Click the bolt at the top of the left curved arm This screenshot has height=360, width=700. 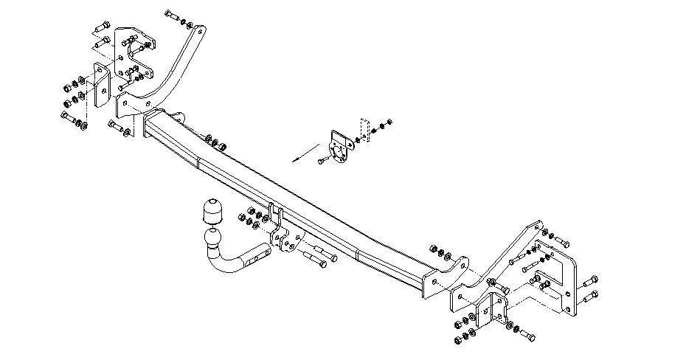[x=170, y=15]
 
